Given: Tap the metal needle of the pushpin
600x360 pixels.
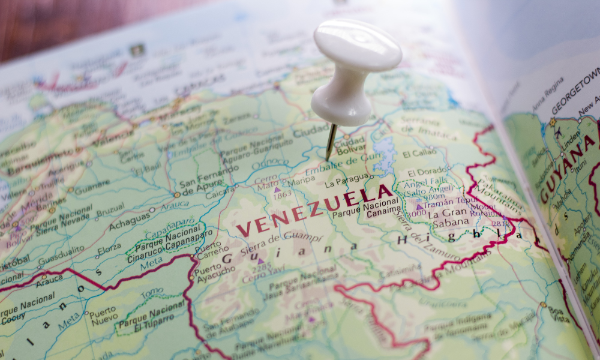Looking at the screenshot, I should click(331, 142).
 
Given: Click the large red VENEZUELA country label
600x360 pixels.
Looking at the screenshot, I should click(316, 210).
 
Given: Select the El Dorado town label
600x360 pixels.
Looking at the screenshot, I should click(427, 172).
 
